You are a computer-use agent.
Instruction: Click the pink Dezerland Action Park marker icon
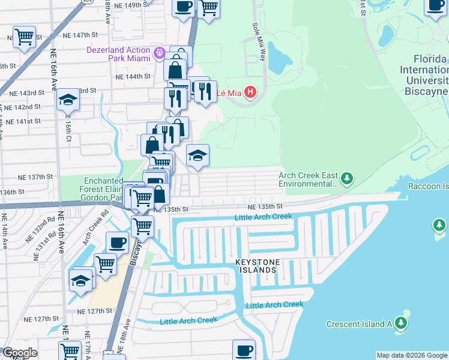(x=159, y=52)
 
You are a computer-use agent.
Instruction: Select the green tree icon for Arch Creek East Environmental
(x=346, y=178)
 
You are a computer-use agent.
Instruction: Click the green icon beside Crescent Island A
(x=401, y=324)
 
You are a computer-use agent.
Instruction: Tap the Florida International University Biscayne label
(x=431, y=75)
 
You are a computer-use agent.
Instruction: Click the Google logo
(x=20, y=353)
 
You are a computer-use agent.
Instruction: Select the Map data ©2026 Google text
(x=411, y=355)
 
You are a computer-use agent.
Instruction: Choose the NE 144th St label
(x=133, y=77)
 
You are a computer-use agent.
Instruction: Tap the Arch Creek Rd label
(x=96, y=221)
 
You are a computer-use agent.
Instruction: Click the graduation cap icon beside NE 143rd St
(x=68, y=100)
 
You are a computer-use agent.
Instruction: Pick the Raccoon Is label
(x=428, y=186)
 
